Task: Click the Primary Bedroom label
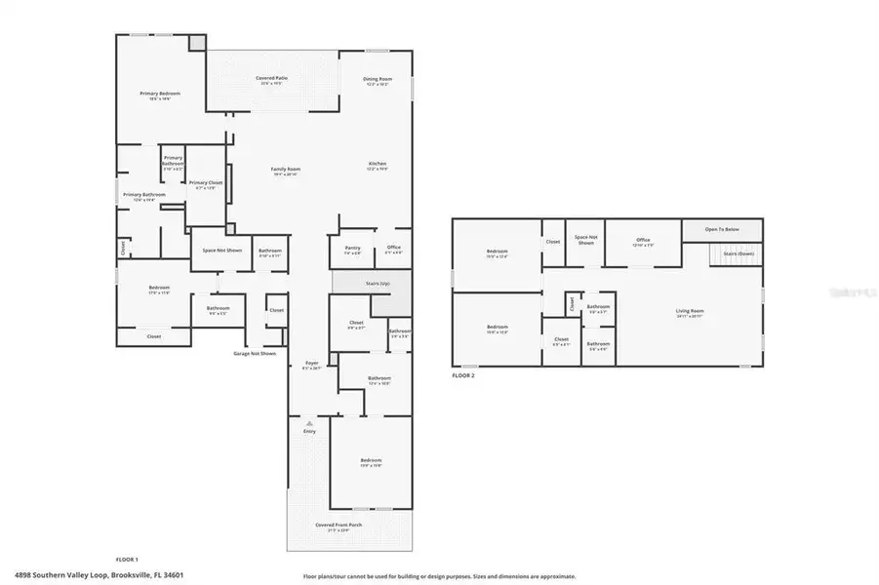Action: pos(161,95)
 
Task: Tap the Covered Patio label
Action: pos(271,81)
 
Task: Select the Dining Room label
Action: pos(378,80)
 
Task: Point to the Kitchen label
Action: pos(378,164)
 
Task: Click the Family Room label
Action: pos(285,171)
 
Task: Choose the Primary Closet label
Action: pos(206,184)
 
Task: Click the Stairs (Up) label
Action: pos(378,283)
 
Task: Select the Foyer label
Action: pos(311,364)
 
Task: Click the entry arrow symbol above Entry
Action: pos(310,423)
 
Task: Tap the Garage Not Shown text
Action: pos(254,353)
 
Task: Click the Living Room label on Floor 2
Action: pos(690,313)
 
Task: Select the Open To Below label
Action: pos(723,229)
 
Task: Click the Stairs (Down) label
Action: pos(738,253)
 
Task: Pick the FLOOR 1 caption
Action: pos(127,560)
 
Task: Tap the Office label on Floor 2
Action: pos(642,241)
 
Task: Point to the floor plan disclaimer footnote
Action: pos(439,576)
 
